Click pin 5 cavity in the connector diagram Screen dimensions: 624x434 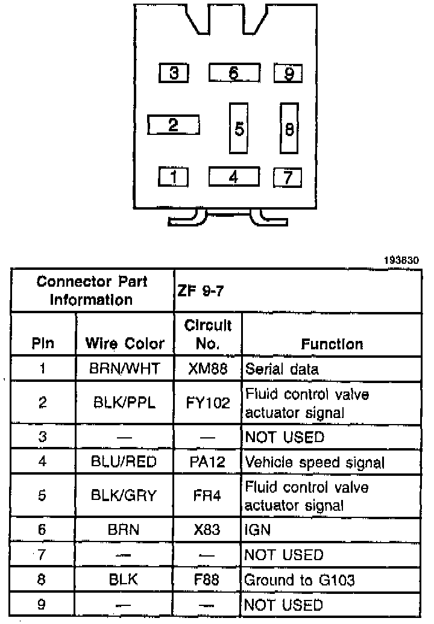(239, 128)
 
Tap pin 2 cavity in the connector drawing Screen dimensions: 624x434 (174, 125)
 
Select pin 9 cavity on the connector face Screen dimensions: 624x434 (288, 73)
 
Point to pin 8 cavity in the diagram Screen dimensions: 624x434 (289, 128)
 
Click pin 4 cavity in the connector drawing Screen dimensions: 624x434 (234, 176)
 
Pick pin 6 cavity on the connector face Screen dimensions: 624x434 (234, 73)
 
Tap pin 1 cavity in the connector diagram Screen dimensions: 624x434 (174, 177)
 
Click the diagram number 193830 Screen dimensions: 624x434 (401, 261)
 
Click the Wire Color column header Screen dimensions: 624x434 (125, 344)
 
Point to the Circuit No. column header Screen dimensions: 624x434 (207, 335)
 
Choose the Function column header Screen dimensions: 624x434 (332, 344)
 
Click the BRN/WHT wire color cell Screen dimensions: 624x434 (125, 369)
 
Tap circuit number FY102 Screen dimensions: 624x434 (207, 403)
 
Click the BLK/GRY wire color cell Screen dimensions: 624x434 (125, 496)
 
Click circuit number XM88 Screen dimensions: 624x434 (207, 369)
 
